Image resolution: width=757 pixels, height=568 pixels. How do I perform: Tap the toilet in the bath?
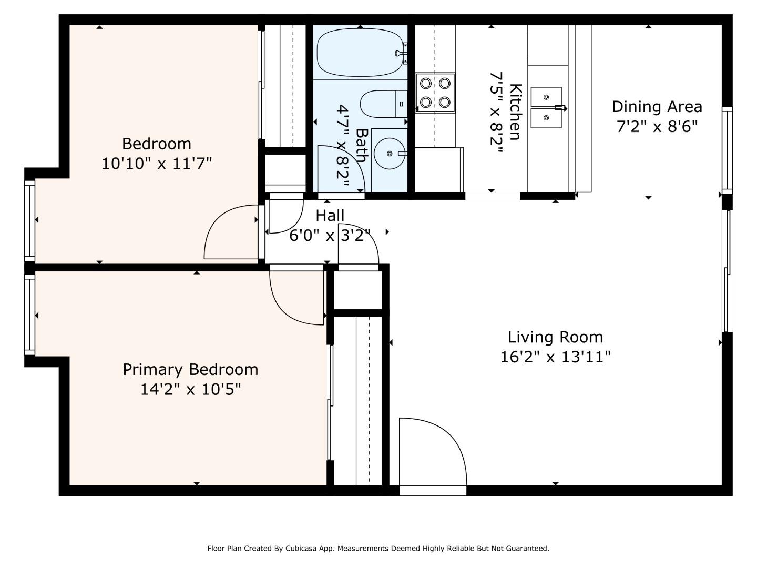(384, 104)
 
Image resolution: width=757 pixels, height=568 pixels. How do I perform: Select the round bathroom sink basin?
(390, 154)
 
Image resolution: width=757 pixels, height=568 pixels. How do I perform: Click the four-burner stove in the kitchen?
(435, 93)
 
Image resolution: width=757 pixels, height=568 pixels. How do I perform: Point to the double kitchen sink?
(546, 108)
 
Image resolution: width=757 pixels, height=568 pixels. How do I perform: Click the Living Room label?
(555, 337)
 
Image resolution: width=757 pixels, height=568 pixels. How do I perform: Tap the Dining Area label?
(657, 107)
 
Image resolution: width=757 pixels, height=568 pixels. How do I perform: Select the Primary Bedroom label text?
(190, 370)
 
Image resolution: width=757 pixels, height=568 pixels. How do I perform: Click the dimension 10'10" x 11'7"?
(157, 163)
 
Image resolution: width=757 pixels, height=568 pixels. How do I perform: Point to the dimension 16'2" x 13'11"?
(555, 357)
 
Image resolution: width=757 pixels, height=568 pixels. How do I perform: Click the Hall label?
(330, 216)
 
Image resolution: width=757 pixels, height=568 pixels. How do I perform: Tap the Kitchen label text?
(516, 111)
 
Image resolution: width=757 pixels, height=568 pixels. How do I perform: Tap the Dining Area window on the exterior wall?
(727, 150)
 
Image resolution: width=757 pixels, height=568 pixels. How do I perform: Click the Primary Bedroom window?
(30, 315)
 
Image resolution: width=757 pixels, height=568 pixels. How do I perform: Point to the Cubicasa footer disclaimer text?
(378, 549)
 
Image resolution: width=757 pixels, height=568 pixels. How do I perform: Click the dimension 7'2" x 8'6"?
(657, 127)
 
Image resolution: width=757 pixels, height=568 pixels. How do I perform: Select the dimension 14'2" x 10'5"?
(190, 390)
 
